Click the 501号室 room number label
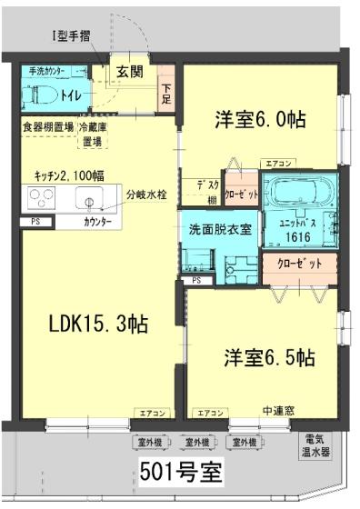(x=179, y=473)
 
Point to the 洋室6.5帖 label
(x=270, y=357)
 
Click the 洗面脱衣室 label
(x=218, y=228)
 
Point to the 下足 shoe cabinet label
(x=167, y=93)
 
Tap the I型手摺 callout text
(x=68, y=36)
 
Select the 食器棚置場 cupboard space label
(x=48, y=128)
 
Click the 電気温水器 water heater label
(x=318, y=445)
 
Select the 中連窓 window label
(x=276, y=410)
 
